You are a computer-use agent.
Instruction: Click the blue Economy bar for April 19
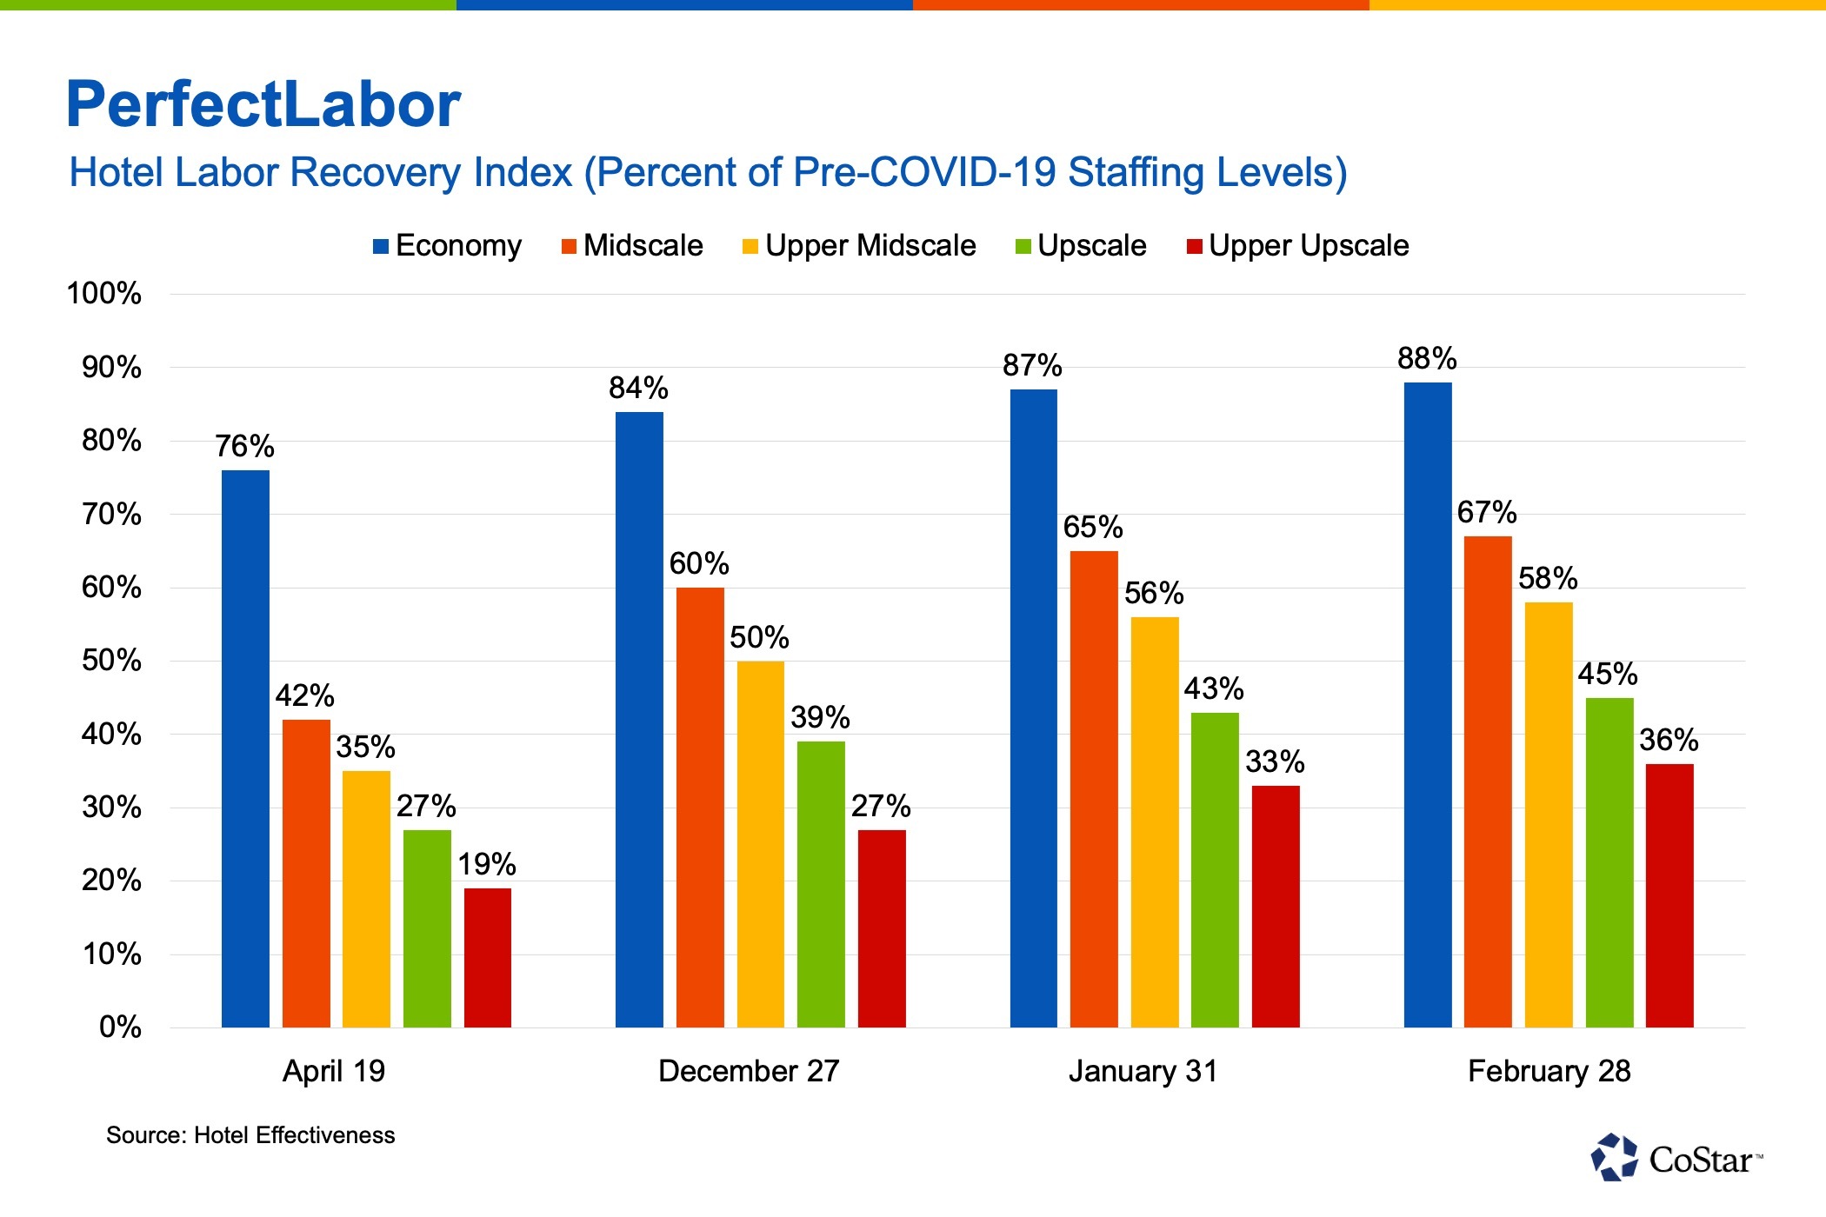245,748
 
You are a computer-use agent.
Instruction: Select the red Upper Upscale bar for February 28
1669,895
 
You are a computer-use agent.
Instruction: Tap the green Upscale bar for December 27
821,883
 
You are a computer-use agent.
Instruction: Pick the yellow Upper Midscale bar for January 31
1155,821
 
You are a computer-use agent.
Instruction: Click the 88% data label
1427,358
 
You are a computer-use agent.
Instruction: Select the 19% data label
487,864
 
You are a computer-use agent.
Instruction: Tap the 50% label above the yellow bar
759,637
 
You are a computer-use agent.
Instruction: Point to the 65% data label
1093,527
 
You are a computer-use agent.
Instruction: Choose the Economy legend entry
448,246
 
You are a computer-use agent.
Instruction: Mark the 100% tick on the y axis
103,294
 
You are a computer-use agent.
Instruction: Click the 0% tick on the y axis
120,1027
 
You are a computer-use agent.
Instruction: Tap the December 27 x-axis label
749,1071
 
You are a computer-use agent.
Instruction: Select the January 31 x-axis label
1143,1071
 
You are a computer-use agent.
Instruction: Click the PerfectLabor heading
263,104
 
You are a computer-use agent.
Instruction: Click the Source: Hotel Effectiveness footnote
250,1135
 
